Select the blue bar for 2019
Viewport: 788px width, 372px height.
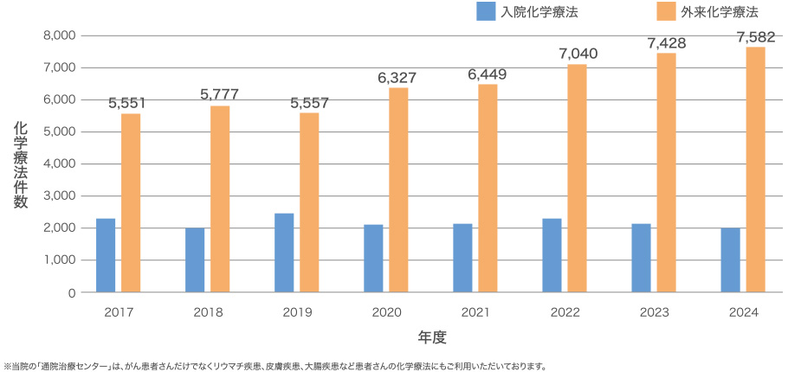284,253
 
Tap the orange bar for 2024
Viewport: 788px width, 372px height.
755,169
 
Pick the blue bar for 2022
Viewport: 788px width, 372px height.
552,255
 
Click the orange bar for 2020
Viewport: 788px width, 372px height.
398,189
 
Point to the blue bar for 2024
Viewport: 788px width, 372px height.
730,260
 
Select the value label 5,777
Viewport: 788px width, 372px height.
219,94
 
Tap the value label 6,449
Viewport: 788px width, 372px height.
487,74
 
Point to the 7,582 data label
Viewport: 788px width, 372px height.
756,37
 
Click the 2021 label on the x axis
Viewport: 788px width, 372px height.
476,311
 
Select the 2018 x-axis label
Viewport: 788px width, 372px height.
209,311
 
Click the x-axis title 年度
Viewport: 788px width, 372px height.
430,336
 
